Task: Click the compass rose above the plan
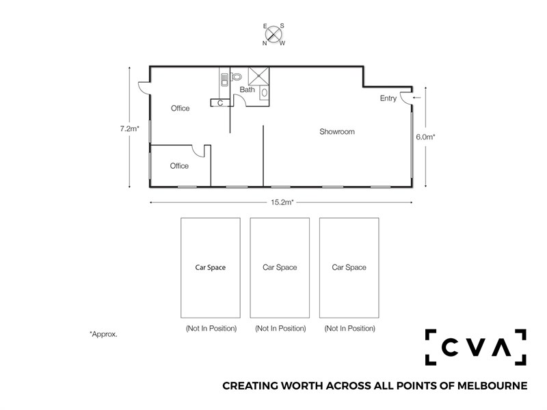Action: [273, 35]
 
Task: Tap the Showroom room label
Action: [337, 132]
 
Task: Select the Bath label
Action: [247, 90]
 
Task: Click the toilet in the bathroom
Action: [237, 77]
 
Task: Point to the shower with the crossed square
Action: [258, 76]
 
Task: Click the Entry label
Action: [388, 98]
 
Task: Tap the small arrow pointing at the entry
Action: [416, 98]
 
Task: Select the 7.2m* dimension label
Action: [129, 128]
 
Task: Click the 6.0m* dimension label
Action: [425, 137]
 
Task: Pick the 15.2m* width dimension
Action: [282, 202]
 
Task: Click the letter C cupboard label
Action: [220, 103]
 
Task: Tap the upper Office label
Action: [180, 109]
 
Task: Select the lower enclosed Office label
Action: [179, 166]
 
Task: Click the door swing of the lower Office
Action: [198, 151]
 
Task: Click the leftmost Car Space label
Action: [211, 267]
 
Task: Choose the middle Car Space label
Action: [280, 267]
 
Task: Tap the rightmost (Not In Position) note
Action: [350, 329]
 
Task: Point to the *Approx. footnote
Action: [104, 334]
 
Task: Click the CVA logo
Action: [475, 347]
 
